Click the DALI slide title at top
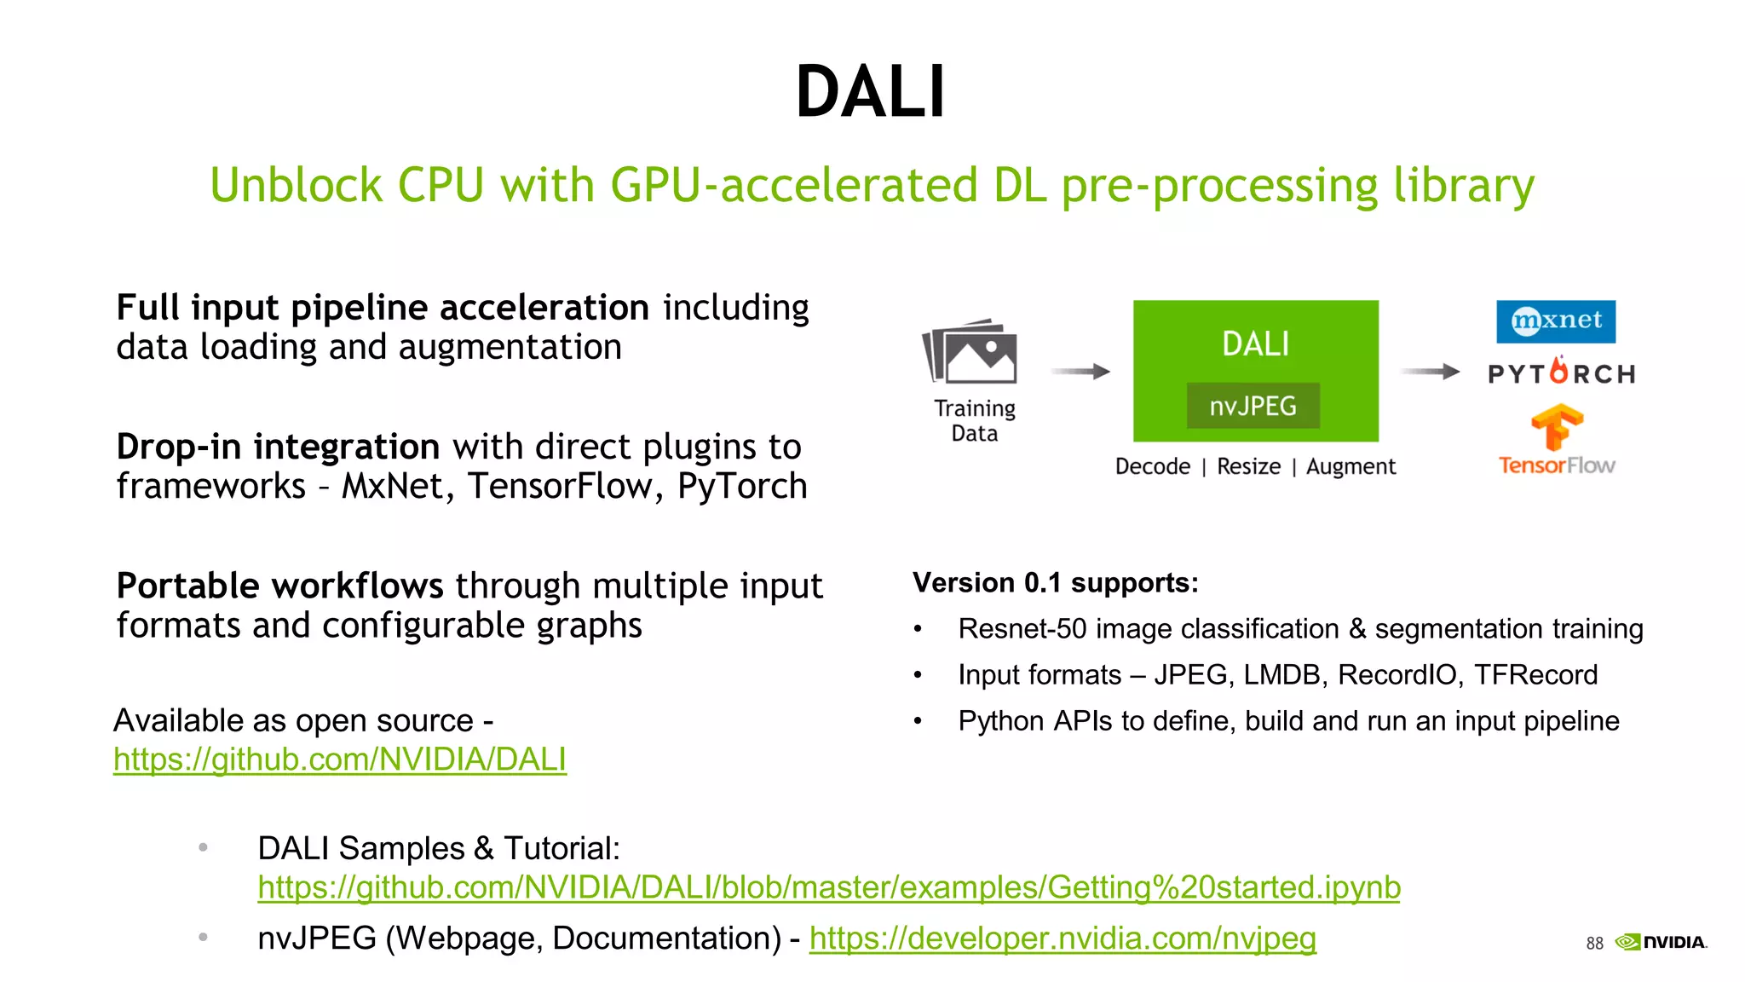[870, 92]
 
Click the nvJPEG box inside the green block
[1253, 406]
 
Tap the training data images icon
[970, 352]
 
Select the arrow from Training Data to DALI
[1080, 372]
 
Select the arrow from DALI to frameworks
[1429, 372]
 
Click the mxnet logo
[1555, 321]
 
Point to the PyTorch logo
[1561, 373]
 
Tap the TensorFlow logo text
[1557, 465]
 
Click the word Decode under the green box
[1152, 466]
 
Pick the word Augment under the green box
[1351, 466]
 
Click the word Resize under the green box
[1248, 466]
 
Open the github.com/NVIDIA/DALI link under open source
[339, 759]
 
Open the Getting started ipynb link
[828, 887]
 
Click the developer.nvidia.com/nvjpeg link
[1063, 939]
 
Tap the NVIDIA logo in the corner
[1661, 942]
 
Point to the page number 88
[1594, 943]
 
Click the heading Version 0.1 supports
[1055, 583]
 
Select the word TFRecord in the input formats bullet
[1535, 674]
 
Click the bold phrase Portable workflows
[279, 586]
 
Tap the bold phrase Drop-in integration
[278, 447]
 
